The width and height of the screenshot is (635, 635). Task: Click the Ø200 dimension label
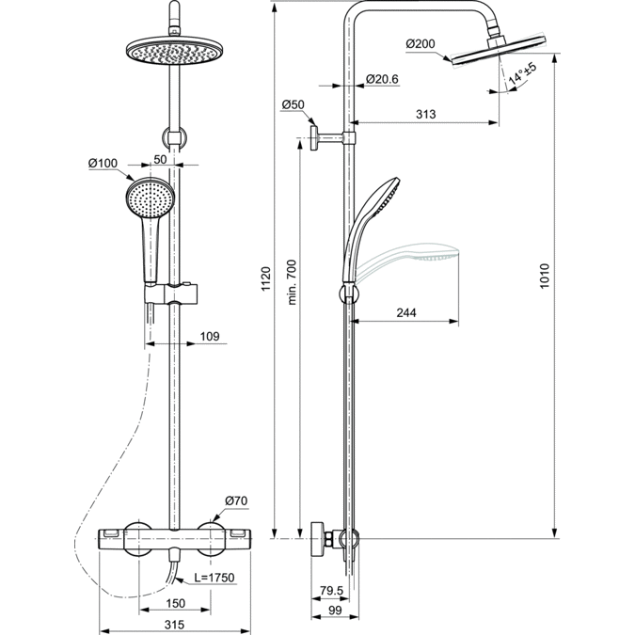point(420,43)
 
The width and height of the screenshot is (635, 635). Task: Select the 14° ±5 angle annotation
point(523,76)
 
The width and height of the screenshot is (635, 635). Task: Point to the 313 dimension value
point(425,114)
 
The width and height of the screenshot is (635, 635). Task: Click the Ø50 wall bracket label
point(294,103)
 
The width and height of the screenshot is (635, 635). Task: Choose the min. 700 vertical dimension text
point(292,281)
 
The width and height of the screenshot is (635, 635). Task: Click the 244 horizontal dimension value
point(406,313)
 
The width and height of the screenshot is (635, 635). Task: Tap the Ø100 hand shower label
point(103,164)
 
